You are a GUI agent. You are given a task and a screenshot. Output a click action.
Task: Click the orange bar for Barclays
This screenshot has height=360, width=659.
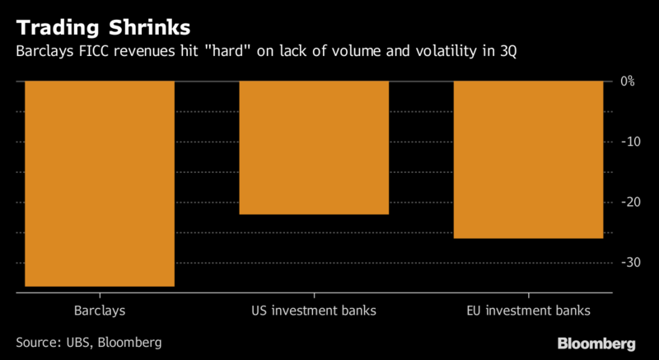click(100, 183)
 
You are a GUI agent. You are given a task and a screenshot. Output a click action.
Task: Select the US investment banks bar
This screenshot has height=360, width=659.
click(314, 147)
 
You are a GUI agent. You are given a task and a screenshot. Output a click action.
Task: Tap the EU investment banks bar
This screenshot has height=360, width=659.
click(528, 160)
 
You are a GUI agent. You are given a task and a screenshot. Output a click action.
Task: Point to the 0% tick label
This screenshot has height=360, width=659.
click(627, 82)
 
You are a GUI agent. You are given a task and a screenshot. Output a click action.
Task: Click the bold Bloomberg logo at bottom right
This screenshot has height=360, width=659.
click(596, 342)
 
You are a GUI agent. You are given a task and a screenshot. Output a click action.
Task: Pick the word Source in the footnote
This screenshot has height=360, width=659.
click(36, 341)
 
